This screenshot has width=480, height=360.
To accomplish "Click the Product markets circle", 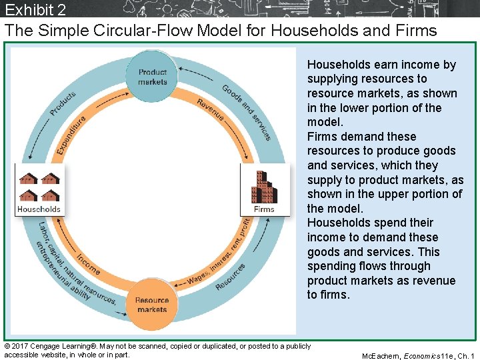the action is click(153, 77).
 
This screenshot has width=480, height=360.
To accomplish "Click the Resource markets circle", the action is click(152, 305).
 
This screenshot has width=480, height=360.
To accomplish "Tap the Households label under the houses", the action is click(39, 209).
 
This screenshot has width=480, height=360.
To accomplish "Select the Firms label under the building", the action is click(264, 209).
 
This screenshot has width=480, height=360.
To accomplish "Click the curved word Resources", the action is click(231, 275).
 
